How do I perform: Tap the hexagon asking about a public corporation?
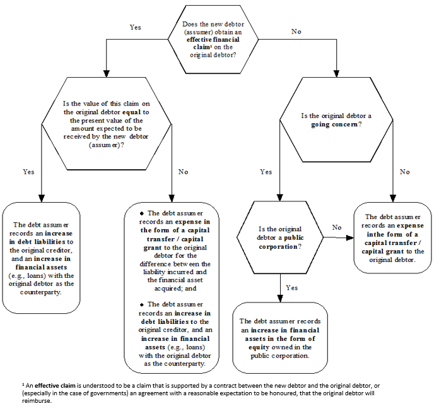280,237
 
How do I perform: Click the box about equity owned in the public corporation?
280,338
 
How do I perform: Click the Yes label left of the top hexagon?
136,28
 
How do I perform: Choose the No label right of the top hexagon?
296,31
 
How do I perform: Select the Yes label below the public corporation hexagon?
291,287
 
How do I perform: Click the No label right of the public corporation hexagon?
337,227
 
